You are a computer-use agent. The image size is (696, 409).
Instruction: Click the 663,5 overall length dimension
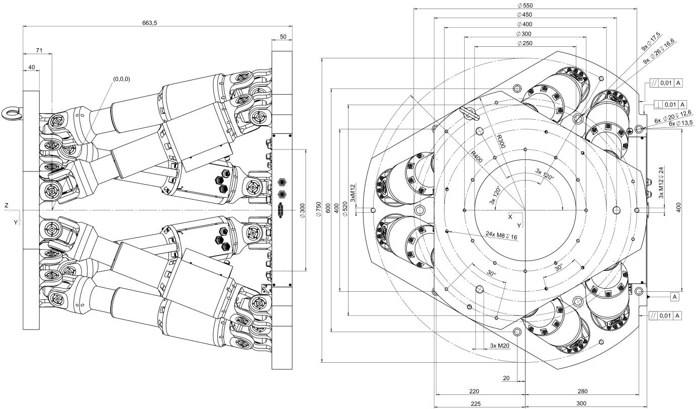pos(149,23)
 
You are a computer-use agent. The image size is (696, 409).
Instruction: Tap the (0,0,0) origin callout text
pos(122,79)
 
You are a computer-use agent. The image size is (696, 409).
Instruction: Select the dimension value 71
pos(39,50)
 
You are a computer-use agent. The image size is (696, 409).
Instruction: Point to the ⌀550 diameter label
pos(525,6)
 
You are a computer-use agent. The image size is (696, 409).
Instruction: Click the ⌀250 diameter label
pos(525,43)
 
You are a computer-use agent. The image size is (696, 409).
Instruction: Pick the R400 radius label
pos(476,156)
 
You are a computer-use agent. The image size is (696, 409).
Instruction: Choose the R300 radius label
pos(500,141)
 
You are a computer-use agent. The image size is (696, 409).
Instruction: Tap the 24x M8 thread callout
pos(501,235)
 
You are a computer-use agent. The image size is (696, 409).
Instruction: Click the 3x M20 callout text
pos(500,346)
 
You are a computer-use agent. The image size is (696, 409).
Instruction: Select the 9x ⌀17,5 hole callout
pos(651,42)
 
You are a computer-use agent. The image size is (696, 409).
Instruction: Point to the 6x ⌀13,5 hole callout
pos(681,123)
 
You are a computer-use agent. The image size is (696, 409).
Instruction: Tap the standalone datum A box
pos(674,297)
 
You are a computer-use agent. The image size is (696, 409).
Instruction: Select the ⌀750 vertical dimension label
pos(318,209)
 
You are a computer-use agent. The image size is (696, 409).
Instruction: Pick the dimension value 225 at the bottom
pos(476,403)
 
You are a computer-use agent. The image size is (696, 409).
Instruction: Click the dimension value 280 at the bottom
pos(582,391)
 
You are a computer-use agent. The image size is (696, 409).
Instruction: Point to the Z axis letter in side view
pos(7,205)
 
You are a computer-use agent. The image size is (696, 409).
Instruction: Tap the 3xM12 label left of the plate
pos(353,193)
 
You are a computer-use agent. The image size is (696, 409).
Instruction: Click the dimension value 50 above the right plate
pos(283,37)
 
